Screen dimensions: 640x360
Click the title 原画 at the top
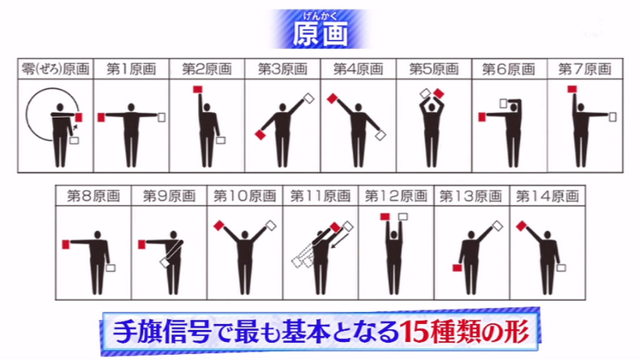pyautogui.click(x=321, y=34)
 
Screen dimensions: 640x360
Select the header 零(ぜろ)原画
pyautogui.click(x=56, y=69)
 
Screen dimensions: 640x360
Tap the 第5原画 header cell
pyautogui.click(x=434, y=69)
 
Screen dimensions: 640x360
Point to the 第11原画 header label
pyautogui.click(x=321, y=196)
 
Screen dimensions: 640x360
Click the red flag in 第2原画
pyautogui.click(x=197, y=89)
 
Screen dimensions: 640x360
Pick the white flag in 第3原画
pyautogui.click(x=309, y=98)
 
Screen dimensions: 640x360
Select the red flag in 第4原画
pyautogui.click(x=332, y=98)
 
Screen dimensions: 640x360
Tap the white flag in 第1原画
pyautogui.click(x=162, y=117)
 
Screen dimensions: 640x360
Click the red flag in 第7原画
pyautogui.click(x=572, y=89)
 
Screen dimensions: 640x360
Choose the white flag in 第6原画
pyautogui.click(x=503, y=103)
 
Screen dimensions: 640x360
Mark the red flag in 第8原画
pyautogui.click(x=66, y=244)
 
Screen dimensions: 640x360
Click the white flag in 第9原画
pyautogui.click(x=165, y=263)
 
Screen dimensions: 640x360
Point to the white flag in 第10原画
pyautogui.click(x=271, y=226)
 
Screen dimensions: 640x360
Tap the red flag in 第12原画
pyautogui.click(x=384, y=217)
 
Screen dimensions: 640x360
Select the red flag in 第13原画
pyautogui.click(x=457, y=267)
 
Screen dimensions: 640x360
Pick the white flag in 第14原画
pyautogui.click(x=561, y=267)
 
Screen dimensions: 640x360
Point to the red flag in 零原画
pyautogui.click(x=79, y=117)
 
